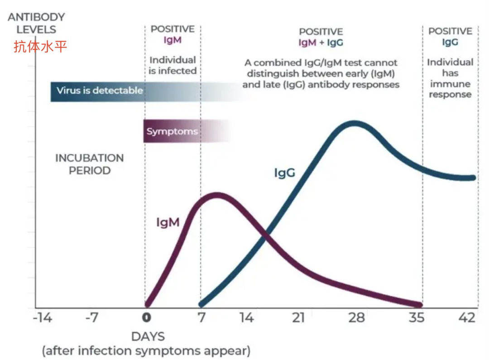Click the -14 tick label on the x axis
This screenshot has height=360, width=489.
pyautogui.click(x=43, y=318)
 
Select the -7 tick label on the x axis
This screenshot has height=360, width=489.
pyautogui.click(x=92, y=318)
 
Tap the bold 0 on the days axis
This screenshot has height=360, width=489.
pyautogui.click(x=146, y=318)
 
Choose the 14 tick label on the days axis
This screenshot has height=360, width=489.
pyautogui.click(x=247, y=318)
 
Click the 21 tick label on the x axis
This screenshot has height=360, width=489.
pyautogui.click(x=298, y=318)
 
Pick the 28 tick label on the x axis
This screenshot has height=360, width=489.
pyautogui.click(x=356, y=318)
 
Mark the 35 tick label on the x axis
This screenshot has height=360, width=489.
pyautogui.click(x=416, y=318)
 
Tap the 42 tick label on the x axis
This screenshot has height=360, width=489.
pyautogui.click(x=466, y=318)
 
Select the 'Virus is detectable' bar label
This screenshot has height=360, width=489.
pyautogui.click(x=100, y=91)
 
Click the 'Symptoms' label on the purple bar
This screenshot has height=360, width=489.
pyautogui.click(x=172, y=132)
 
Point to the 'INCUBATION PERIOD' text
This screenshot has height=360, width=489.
pyautogui.click(x=89, y=164)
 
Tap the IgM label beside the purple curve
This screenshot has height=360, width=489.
pyautogui.click(x=168, y=222)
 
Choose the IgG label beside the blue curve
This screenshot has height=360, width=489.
pyautogui.click(x=285, y=173)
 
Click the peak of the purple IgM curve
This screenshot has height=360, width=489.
pyautogui.click(x=217, y=196)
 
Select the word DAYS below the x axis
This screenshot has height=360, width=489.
pyautogui.click(x=148, y=337)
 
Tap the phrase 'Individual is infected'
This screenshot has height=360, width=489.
pyautogui.click(x=173, y=65)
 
